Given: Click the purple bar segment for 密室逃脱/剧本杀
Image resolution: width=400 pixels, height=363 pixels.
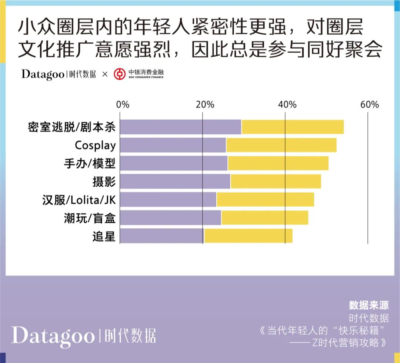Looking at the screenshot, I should tap(181, 127).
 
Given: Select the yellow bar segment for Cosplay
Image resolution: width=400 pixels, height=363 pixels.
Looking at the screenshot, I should tap(281, 145).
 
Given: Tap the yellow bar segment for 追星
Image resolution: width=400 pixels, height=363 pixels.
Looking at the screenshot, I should tap(248, 236).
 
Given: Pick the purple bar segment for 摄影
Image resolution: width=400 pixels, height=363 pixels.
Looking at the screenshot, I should tap(175, 181).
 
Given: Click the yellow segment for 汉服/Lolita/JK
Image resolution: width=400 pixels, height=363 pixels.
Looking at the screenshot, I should tap(265, 200).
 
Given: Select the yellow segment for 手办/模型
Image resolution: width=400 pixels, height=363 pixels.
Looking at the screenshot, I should tap(278, 163).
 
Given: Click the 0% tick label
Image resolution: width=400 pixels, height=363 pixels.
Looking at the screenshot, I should tap(123, 104).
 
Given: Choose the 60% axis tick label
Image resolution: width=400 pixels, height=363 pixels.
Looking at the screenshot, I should tap(369, 104).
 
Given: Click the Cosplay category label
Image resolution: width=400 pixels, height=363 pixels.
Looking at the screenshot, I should tap(95, 146).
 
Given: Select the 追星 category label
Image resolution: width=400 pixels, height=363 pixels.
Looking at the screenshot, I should tap(104, 236).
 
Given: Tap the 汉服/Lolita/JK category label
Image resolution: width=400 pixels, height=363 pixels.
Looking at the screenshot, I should tap(79, 200).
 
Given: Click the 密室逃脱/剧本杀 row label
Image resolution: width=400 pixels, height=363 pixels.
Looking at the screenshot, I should tap(72, 127).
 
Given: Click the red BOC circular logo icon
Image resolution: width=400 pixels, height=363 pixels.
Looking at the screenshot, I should tap(119, 74).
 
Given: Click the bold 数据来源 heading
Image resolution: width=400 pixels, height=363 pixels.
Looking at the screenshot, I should tap(369, 305).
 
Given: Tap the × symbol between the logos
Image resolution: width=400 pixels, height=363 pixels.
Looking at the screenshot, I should tap(105, 74).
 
